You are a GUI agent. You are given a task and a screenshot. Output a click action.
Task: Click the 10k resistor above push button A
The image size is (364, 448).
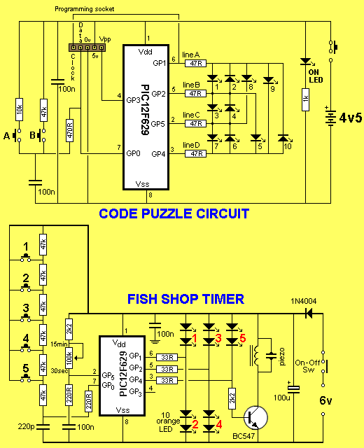(19, 109)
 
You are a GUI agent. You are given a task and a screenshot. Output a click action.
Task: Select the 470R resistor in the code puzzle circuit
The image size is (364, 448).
(69, 130)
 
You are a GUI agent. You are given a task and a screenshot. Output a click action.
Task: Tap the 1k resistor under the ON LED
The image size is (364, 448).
(305, 99)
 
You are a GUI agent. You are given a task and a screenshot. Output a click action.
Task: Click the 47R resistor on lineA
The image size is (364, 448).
(195, 64)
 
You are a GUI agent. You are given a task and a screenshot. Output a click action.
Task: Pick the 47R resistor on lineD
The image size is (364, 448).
(195, 154)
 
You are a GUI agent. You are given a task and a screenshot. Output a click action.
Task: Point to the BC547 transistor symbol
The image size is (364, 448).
(255, 417)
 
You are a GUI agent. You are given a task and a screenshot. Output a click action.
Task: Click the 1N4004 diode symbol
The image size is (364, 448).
(309, 314)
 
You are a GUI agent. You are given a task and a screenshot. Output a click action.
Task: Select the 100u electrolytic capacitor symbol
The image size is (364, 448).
(293, 388)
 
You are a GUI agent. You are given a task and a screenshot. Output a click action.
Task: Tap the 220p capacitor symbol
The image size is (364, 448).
(43, 427)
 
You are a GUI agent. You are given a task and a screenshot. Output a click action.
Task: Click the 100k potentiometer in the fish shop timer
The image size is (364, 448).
(69, 358)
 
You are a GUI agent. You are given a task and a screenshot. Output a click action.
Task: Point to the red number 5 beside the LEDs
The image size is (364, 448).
(243, 338)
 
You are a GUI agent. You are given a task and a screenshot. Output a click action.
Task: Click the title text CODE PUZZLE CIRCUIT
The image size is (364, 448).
(174, 213)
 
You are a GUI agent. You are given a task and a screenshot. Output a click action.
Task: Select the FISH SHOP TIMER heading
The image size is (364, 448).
(185, 299)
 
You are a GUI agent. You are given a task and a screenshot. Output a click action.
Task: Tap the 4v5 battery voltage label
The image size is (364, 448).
(351, 118)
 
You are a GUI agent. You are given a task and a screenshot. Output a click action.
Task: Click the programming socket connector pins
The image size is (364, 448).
(87, 48)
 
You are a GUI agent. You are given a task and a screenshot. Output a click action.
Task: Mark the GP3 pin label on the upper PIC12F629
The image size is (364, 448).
(133, 100)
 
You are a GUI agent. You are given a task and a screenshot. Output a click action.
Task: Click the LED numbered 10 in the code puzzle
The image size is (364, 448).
(283, 139)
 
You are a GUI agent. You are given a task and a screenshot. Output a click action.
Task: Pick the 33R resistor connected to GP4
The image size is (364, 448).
(167, 380)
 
